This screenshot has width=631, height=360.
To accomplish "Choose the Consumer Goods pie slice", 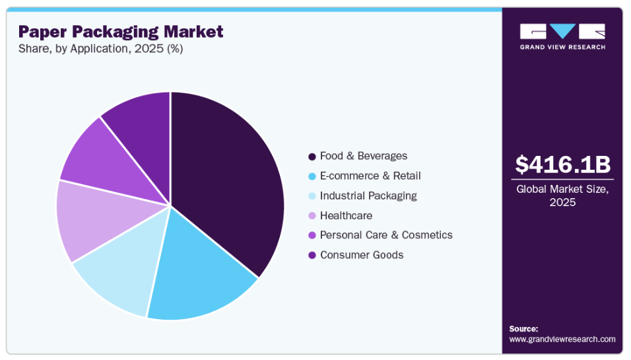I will pos(142,126).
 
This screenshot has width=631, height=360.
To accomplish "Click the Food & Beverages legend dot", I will pos(311,157).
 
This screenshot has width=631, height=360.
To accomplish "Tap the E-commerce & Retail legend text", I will pos(370,176).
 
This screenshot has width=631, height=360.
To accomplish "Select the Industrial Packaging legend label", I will pos(368,196).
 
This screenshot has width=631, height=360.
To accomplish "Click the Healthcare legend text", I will pos(346,215).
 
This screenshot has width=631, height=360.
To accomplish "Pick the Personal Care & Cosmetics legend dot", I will pos(311,235).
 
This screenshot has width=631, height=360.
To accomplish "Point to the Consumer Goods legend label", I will pos(361,255).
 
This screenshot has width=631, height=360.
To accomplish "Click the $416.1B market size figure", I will pos(562,164).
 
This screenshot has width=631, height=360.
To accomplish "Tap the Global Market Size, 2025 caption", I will pos(562,196).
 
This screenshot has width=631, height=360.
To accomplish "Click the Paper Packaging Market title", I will pos(121,32).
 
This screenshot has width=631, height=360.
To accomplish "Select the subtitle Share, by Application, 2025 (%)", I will pos(100,49).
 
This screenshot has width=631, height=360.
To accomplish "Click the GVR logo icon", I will pos(562,32).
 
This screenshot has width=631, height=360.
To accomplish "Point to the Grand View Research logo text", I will pos(562,47).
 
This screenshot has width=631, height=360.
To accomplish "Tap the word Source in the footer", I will pos(523,328).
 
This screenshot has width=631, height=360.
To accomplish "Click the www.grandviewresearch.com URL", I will pos(562,339).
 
